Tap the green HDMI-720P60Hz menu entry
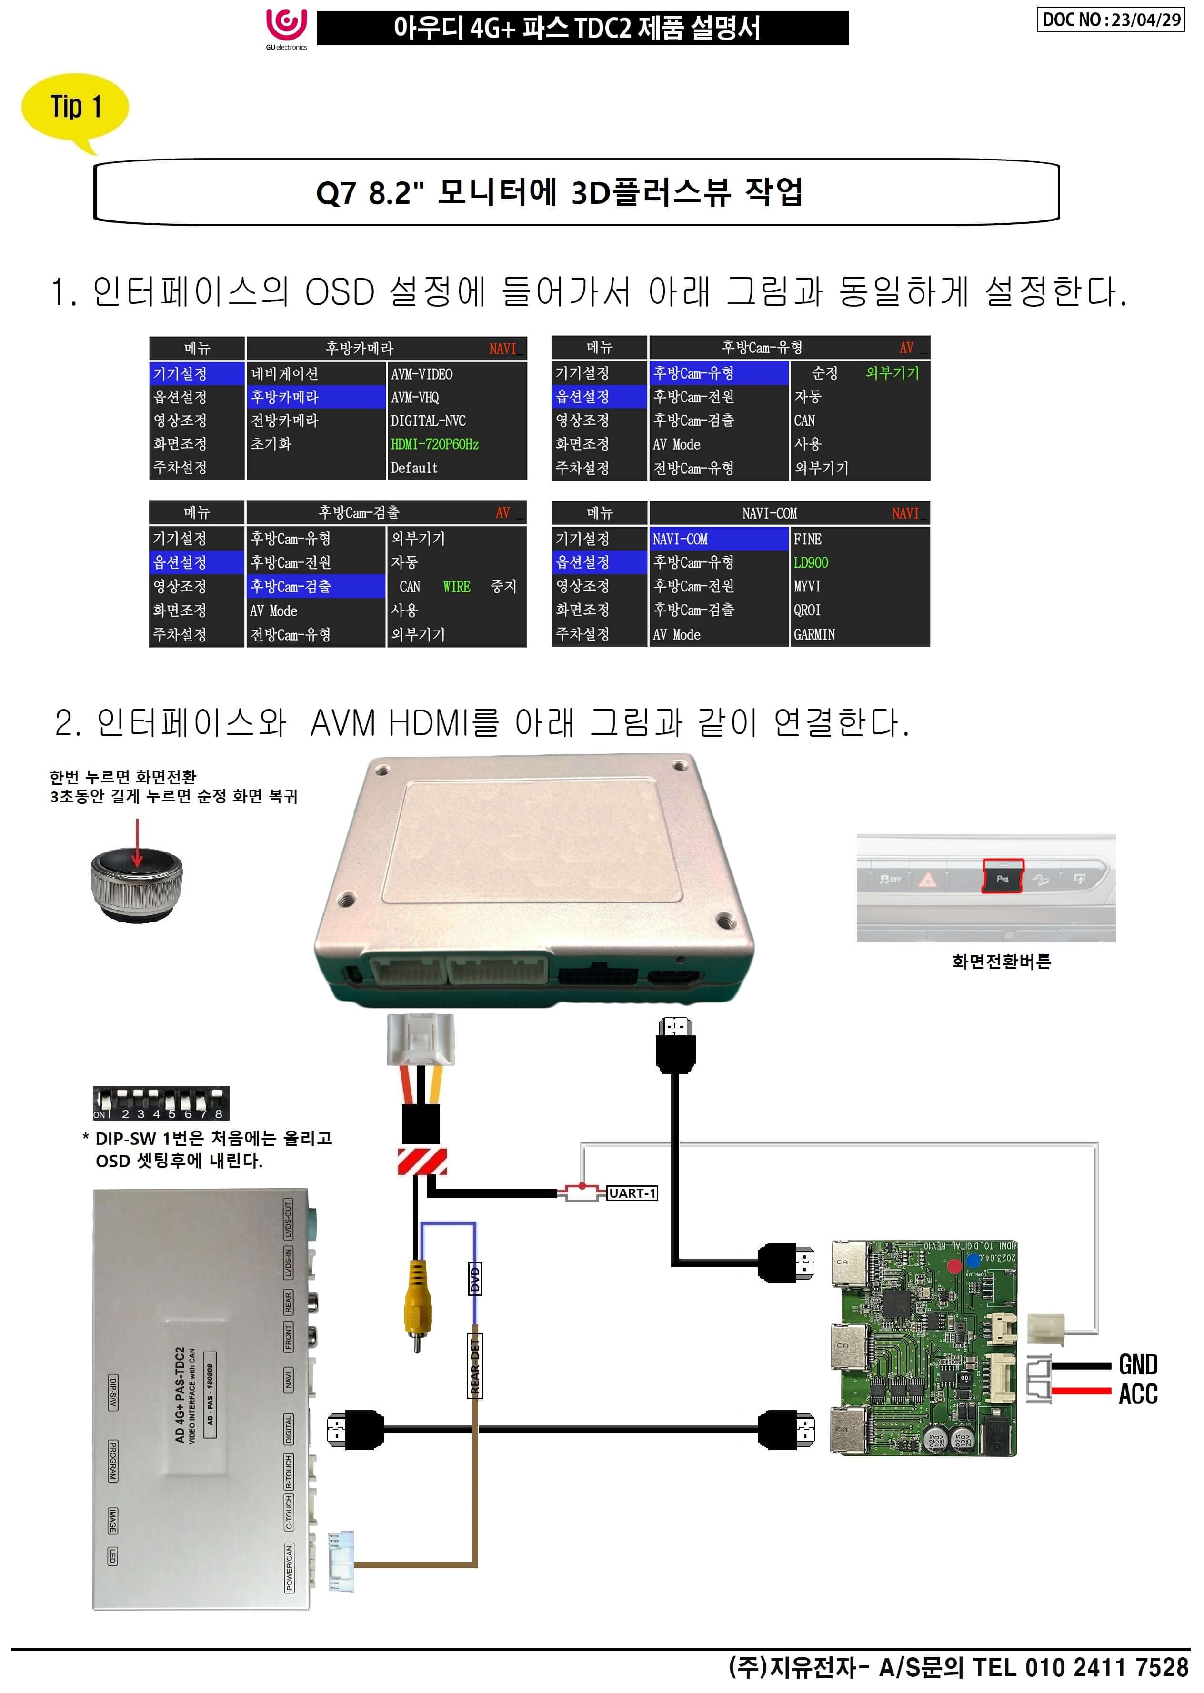pos(434,444)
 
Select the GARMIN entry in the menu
pos(814,634)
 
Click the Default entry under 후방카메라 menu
pos(414,468)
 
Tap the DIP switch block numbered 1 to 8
pos(161,1103)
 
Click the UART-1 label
pos(632,1193)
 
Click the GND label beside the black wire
pos(1137,1364)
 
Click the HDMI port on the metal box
pos(673,977)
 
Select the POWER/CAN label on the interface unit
pos(289,1568)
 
